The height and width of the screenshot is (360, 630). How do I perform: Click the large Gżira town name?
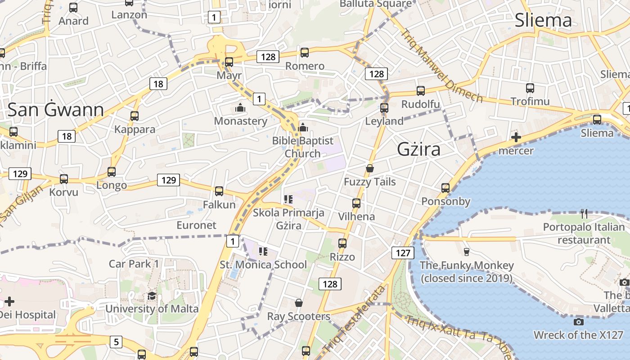pyautogui.click(x=418, y=149)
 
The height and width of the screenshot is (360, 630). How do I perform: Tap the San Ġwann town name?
pyautogui.click(x=56, y=110)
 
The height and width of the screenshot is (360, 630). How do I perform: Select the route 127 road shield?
pyautogui.click(x=403, y=252)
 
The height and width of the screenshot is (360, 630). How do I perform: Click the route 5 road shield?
pyautogui.click(x=116, y=342)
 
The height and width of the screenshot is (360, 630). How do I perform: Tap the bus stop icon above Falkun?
pyautogui.click(x=219, y=191)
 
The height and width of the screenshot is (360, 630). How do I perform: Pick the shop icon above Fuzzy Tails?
pyautogui.click(x=370, y=169)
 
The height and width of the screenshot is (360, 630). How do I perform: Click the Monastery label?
pyautogui.click(x=240, y=121)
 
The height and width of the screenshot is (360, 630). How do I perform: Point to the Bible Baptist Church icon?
pyautogui.click(x=303, y=128)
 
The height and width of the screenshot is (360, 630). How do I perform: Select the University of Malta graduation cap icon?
pyautogui.click(x=152, y=296)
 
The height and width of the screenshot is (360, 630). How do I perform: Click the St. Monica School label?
pyautogui.click(x=263, y=264)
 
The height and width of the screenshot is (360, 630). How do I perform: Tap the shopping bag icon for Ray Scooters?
pyautogui.click(x=298, y=303)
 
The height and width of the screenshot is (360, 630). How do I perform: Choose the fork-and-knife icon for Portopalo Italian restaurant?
pyautogui.click(x=584, y=213)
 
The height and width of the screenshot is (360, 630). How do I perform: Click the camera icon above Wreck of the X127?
pyautogui.click(x=579, y=322)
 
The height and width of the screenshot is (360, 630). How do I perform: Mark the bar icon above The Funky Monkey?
pyautogui.click(x=466, y=252)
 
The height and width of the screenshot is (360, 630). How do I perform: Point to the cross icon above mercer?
pyautogui.click(x=516, y=137)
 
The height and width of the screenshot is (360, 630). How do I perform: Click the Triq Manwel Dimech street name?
pyautogui.click(x=441, y=66)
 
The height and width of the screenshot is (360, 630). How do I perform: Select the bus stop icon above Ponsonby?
pyautogui.click(x=445, y=188)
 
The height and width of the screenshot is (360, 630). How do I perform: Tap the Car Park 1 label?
pyautogui.click(x=134, y=264)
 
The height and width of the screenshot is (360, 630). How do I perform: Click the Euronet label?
pyautogui.click(x=196, y=225)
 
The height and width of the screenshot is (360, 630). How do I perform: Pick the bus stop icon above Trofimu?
pyautogui.click(x=530, y=88)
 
